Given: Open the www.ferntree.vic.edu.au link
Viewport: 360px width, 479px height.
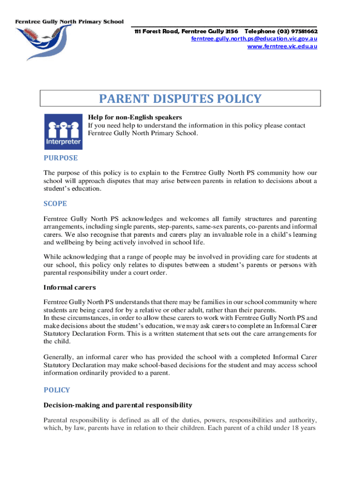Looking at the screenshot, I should pos(282,46).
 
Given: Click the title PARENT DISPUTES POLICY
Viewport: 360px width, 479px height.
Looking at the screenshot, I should pos(180,99).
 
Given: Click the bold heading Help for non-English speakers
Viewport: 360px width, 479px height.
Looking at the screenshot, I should pos(135,117).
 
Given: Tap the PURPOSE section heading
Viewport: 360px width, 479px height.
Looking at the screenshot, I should pos(60,158).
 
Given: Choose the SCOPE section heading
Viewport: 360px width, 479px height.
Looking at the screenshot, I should pos(55,203).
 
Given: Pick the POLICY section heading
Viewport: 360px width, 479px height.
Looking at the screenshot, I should pos(57,390).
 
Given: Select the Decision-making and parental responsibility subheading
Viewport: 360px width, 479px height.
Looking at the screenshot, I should pos(117,405).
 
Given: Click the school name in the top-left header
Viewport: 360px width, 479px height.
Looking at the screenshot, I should pos(70,22).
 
